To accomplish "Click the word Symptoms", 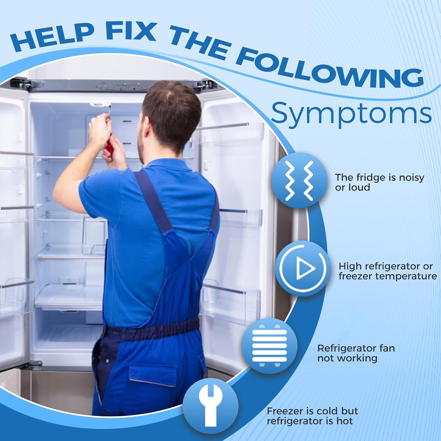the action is tap(351, 113).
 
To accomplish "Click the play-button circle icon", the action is tap(303, 268).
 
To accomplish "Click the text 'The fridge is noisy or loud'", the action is tap(380, 183).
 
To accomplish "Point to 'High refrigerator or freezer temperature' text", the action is tap(387, 271).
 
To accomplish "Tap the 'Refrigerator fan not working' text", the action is tap(356, 353).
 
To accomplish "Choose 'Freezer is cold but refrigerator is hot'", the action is tap(312, 416).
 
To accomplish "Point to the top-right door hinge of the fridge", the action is tap(203, 84).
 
